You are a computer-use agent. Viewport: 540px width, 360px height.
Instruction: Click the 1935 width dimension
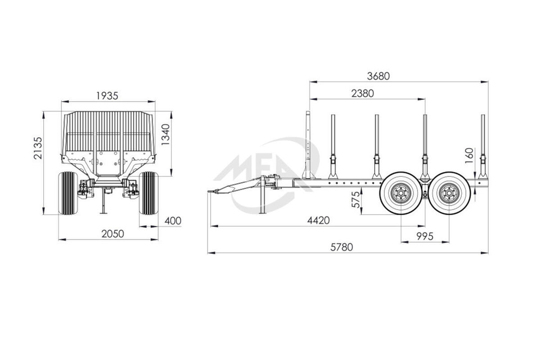pos(107,96)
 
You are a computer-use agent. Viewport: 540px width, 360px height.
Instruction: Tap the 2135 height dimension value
pos(38,148)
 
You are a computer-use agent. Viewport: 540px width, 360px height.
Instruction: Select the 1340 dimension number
pos(166,135)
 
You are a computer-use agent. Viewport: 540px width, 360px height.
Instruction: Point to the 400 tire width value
pos(173,221)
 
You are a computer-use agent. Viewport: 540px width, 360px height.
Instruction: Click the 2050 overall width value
pos(112,234)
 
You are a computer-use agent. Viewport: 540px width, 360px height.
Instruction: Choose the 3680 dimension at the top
pos(378,76)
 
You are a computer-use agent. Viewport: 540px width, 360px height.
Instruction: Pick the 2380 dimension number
pos(363,94)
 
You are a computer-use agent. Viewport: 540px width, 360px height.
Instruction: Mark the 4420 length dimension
pos(319,220)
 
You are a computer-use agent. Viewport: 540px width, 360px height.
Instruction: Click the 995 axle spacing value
pos(425,237)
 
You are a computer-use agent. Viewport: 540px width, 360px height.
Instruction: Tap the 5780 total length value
pos(342,247)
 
